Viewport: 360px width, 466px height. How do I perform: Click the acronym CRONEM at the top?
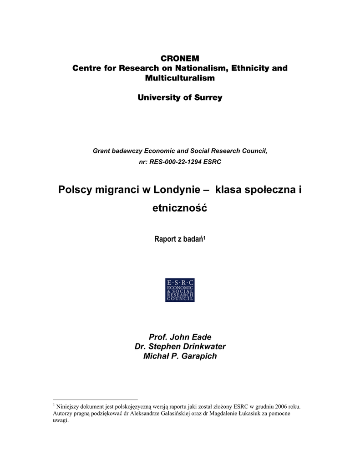click(x=180, y=58)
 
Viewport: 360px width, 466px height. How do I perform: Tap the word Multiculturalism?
click(x=180, y=78)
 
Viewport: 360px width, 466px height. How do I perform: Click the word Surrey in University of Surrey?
click(x=206, y=97)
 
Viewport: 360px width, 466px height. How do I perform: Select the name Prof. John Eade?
click(x=180, y=337)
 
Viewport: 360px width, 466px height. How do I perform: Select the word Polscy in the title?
click(x=75, y=189)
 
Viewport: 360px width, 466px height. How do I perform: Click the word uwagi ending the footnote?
click(x=60, y=420)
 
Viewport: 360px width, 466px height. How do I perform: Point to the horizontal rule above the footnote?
click(x=95, y=399)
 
